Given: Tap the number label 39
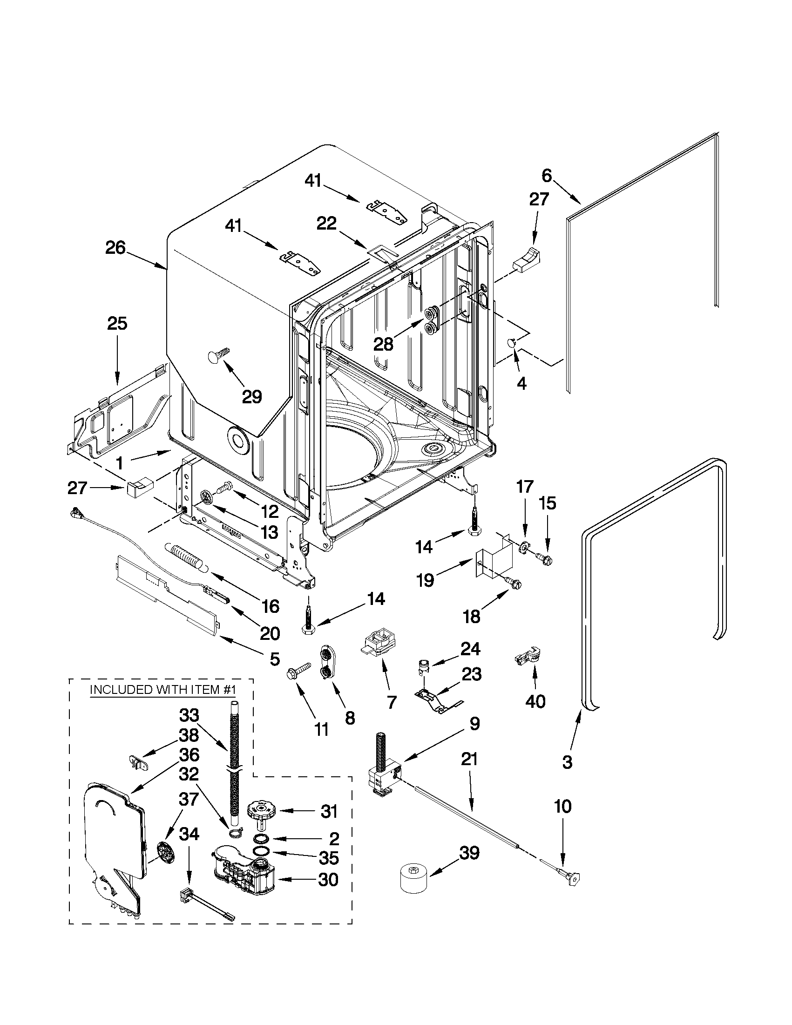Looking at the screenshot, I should (x=469, y=853).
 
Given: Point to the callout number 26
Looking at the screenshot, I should (x=115, y=248).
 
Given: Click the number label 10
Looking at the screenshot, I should (x=563, y=806).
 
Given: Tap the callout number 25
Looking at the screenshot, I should (x=117, y=323).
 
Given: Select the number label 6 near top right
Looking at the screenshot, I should (x=547, y=176).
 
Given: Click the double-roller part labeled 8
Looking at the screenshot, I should (x=324, y=663).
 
